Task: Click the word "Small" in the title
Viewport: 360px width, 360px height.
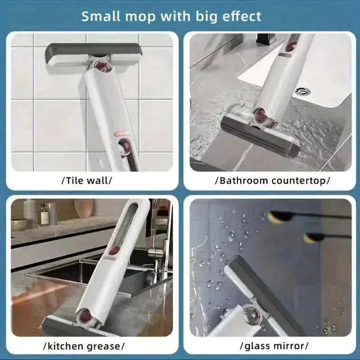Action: (x=101, y=16)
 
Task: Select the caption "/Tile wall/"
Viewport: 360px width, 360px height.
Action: (x=87, y=180)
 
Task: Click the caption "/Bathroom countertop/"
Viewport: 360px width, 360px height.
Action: (x=273, y=181)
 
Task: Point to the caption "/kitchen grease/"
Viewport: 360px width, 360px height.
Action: (x=84, y=346)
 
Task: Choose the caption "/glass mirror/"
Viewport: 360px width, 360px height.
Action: (x=274, y=346)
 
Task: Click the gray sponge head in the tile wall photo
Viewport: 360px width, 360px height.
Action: (x=94, y=54)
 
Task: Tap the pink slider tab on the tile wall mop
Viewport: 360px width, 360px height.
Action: (x=121, y=133)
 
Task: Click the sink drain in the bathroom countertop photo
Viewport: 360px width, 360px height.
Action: (x=303, y=91)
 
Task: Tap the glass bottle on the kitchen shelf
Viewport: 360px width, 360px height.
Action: (x=45, y=215)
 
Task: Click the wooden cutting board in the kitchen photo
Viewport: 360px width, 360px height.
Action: (x=84, y=208)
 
